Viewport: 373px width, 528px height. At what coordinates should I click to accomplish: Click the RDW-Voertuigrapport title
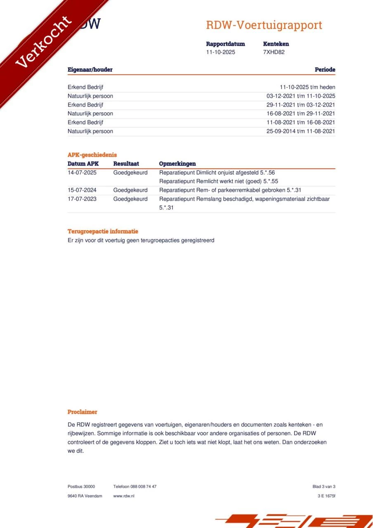[x=264, y=25]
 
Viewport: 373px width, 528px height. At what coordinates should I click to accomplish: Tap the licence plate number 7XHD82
[x=274, y=52]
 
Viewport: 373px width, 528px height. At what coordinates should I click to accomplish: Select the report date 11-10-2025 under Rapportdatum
[x=221, y=52]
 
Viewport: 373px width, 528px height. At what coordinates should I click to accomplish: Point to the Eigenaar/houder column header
[x=90, y=70]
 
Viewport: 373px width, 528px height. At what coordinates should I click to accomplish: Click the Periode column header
[x=325, y=70]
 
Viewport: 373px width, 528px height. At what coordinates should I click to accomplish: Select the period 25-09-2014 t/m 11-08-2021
[x=301, y=131]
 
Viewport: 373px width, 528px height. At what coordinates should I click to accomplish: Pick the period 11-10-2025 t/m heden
[x=307, y=87]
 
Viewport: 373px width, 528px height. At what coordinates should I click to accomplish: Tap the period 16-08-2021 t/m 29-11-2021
[x=301, y=113]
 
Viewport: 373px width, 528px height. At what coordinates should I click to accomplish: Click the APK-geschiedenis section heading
[x=92, y=155]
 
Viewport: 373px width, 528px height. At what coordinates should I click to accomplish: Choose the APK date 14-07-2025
[x=82, y=172]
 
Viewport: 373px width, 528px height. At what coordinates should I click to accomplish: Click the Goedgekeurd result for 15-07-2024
[x=130, y=190]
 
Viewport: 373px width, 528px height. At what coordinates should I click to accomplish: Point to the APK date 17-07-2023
[x=82, y=199]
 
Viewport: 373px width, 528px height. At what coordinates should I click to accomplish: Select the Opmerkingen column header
[x=177, y=164]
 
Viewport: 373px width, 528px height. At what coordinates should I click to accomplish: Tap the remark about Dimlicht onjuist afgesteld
[x=217, y=172]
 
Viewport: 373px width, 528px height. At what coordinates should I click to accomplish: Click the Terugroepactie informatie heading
[x=103, y=231]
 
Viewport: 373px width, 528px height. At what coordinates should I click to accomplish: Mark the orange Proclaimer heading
[x=83, y=412]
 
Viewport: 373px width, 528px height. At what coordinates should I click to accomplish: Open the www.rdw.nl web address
[x=124, y=496]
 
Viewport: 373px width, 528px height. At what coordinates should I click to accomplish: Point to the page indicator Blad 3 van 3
[x=324, y=486]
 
